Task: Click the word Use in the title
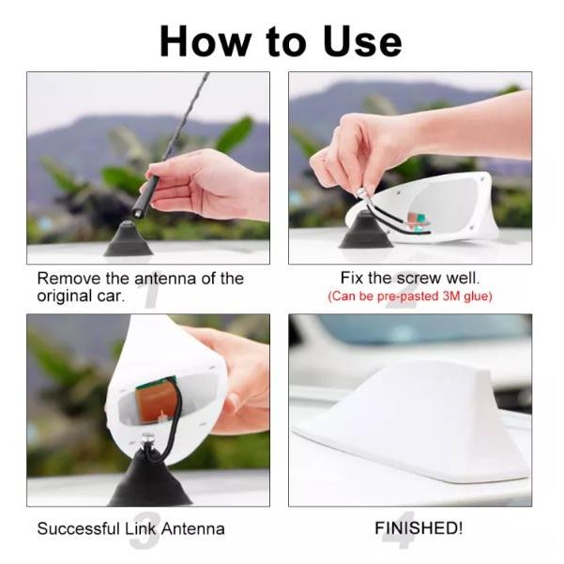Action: [362, 41]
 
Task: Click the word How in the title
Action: [206, 41]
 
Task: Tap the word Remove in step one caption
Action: [69, 279]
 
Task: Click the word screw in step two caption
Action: [419, 279]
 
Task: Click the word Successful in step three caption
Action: [78, 528]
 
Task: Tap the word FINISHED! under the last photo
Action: [419, 528]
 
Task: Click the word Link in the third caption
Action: [141, 528]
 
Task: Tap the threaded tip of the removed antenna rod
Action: [138, 213]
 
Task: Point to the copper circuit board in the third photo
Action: [156, 400]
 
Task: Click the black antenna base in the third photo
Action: [150, 480]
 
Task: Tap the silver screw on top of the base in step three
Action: [146, 437]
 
